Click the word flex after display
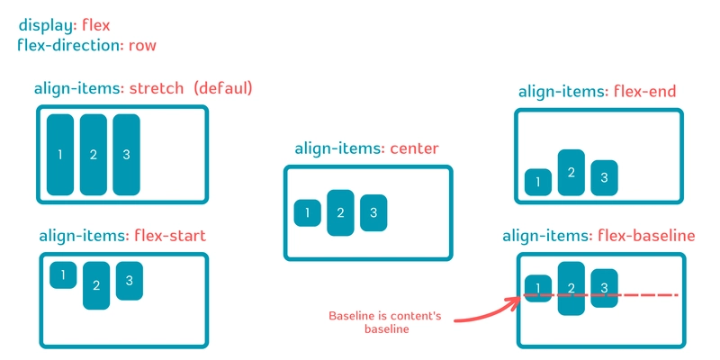click(96, 25)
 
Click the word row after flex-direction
click(142, 46)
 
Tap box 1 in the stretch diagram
click(60, 155)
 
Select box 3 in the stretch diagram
click(126, 155)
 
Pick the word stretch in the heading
click(157, 88)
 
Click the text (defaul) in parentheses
click(223, 88)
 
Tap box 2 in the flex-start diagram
click(96, 285)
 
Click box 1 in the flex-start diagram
click(63, 275)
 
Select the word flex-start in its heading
click(170, 236)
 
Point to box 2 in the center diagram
click(340, 212)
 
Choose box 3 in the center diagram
click(373, 212)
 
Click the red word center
click(415, 148)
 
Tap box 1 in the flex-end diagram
click(538, 183)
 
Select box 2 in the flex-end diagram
click(571, 173)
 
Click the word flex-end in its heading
click(645, 92)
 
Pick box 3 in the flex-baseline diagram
click(604, 288)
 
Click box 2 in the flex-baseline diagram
click(571, 288)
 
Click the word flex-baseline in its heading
click(646, 236)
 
